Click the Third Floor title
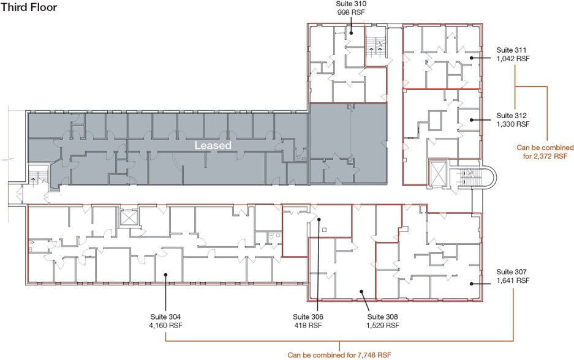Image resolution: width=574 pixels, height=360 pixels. tap(29, 7)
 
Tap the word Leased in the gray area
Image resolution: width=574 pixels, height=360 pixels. tap(213, 146)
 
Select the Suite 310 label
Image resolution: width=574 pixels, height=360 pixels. tap(351, 4)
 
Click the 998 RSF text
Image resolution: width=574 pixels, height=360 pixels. tap(351, 12)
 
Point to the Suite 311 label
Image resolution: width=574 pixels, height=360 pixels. tap(512, 50)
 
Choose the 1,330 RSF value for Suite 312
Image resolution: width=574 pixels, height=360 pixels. tap(513, 124)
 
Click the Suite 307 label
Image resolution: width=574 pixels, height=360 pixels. tap(512, 272)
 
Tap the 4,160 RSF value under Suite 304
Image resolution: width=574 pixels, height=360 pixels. tap(165, 326)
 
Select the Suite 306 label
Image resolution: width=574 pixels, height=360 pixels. tap(308, 317)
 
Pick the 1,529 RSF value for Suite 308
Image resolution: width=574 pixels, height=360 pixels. tap(382, 326)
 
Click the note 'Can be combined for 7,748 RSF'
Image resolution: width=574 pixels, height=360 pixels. tap(339, 355)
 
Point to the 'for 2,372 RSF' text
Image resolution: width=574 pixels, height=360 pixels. tap(545, 156)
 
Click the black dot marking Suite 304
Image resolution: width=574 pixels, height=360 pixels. tap(166, 274)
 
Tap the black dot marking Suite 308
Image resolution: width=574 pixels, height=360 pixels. tap(361, 291)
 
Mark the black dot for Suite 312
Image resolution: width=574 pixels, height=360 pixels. tap(472, 119)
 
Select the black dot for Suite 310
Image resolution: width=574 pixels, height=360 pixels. tap(350, 33)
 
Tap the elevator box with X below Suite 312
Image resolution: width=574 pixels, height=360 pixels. tap(438, 173)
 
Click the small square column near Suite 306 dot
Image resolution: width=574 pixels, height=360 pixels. tap(324, 230)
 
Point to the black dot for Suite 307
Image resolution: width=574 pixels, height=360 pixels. tap(472, 283)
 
